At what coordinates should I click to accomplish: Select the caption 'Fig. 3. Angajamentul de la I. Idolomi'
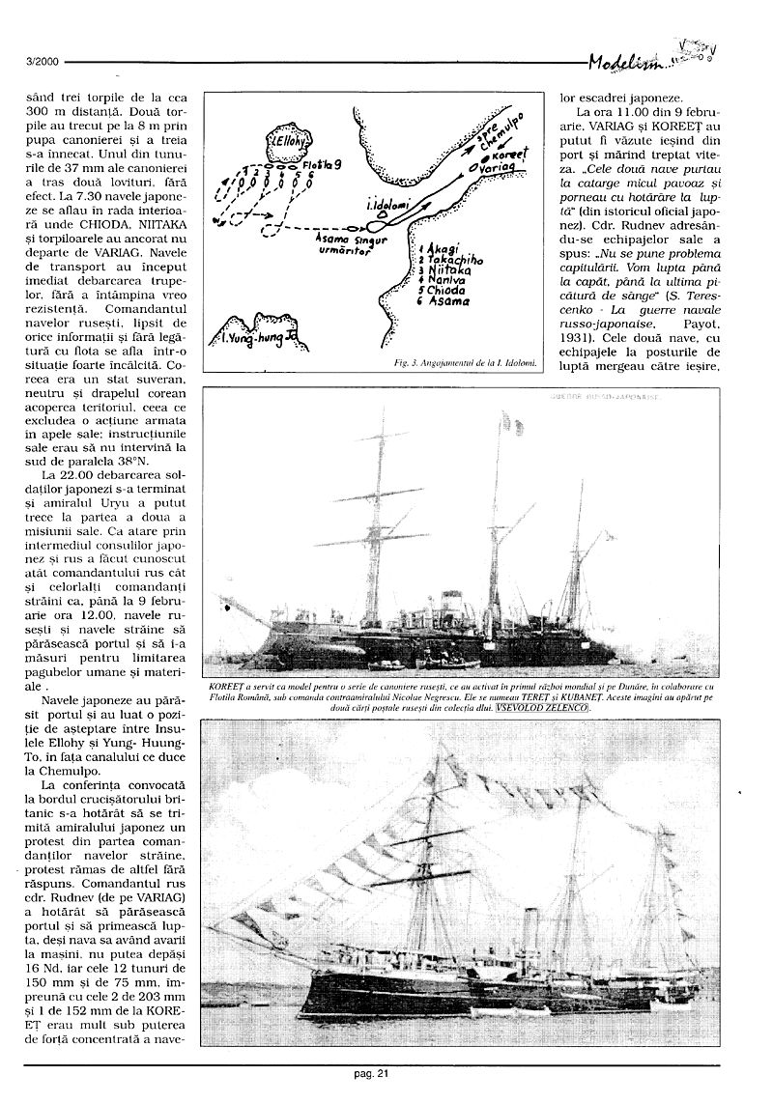tap(467, 364)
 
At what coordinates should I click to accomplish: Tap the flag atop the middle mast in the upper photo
tap(503, 422)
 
